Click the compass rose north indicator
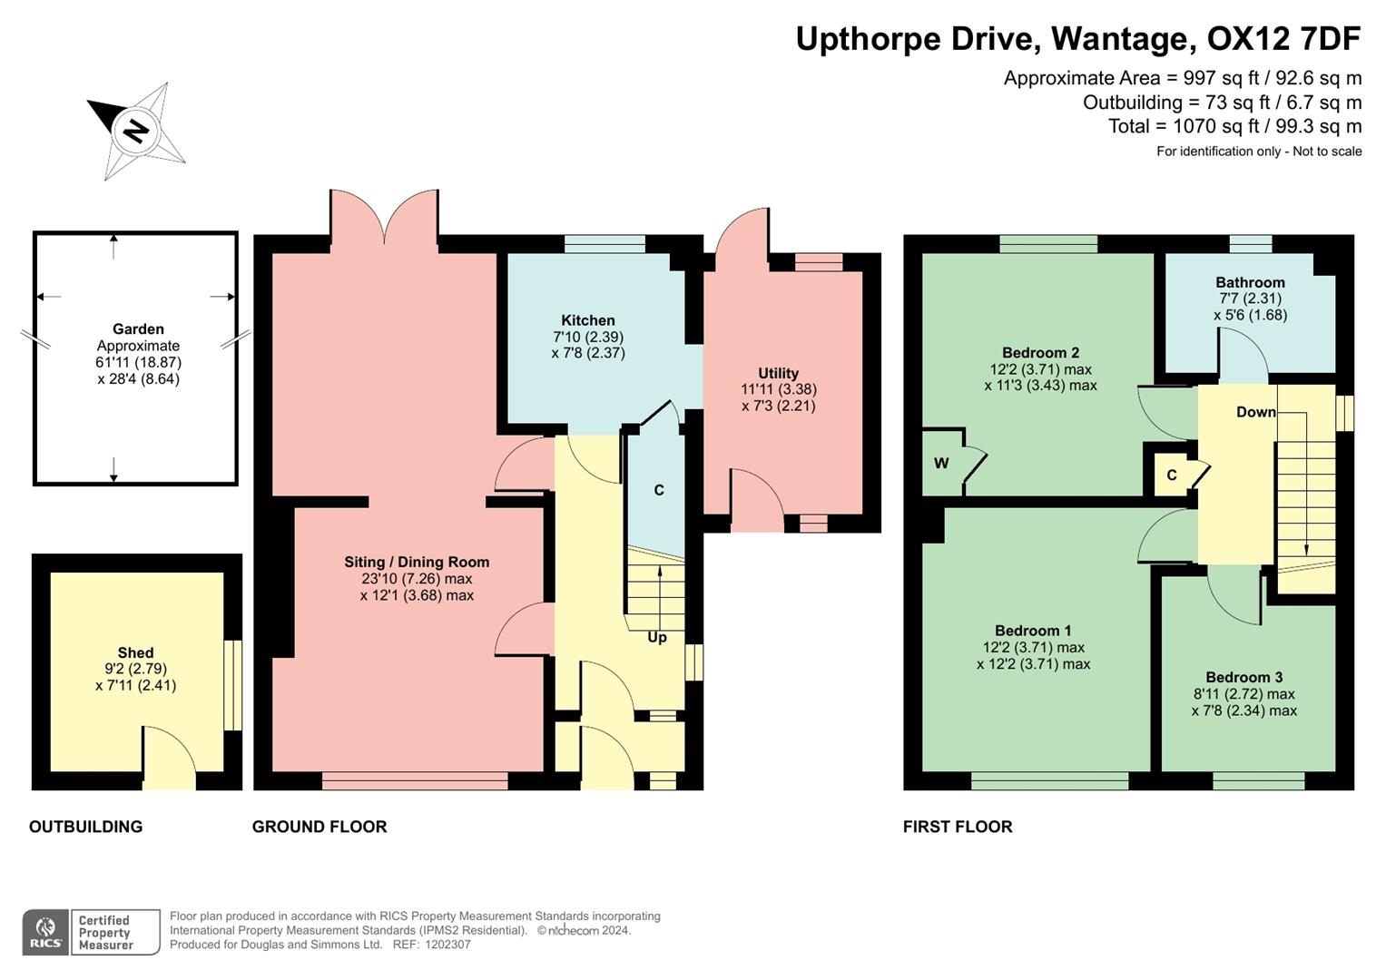(x=136, y=131)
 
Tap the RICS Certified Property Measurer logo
(x=91, y=932)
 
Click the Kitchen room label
(x=587, y=320)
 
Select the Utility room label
(x=778, y=373)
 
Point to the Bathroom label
(x=1250, y=282)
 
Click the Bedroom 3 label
(x=1243, y=677)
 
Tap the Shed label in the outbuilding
(x=135, y=652)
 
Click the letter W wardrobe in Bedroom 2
(x=941, y=464)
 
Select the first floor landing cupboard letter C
(x=1171, y=475)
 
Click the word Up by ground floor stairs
(x=657, y=638)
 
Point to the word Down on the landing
(x=1255, y=412)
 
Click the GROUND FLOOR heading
(x=319, y=827)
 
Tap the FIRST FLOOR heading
(x=958, y=827)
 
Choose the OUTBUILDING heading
(x=85, y=827)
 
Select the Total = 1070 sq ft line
(x=1234, y=126)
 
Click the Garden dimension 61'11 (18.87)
(x=139, y=362)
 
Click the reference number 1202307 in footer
(x=447, y=945)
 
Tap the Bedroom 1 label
(x=1033, y=631)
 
